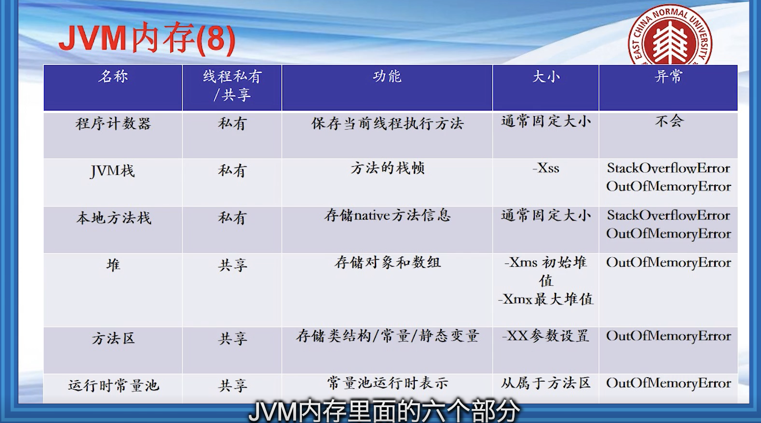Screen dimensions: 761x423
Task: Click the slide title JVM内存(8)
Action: click(147, 39)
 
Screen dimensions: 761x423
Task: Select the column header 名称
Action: click(113, 77)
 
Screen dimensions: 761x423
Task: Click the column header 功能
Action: click(387, 77)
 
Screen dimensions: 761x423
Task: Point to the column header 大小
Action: click(546, 77)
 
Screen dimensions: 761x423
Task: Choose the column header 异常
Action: click(668, 77)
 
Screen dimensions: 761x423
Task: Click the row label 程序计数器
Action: click(113, 123)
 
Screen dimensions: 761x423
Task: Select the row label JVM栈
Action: click(113, 171)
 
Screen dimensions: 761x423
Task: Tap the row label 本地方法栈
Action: click(113, 218)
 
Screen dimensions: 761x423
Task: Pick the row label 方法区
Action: click(113, 339)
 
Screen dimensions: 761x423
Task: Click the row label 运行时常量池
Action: click(113, 385)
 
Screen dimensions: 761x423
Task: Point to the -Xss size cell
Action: click(546, 169)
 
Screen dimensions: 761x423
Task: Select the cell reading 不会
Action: click(668, 121)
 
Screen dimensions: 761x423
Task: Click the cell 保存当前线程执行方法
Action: click(387, 123)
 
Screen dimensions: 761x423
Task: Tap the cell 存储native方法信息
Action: click(387, 215)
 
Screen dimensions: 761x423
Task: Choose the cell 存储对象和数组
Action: click(387, 263)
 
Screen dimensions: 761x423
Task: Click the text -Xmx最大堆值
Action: click(546, 299)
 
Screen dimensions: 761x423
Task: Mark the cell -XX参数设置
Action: click(546, 336)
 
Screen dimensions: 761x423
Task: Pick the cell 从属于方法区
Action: click(546, 383)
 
